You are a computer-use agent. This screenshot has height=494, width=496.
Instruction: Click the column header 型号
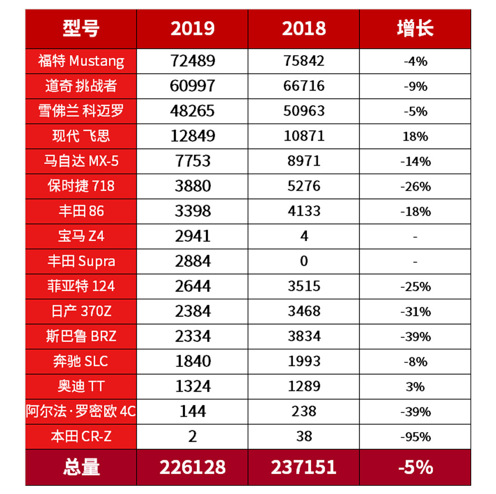click(81, 29)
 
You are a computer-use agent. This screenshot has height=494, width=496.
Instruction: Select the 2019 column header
click(192, 29)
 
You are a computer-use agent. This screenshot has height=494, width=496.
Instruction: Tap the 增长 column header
click(415, 29)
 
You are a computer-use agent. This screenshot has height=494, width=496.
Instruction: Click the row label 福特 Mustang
click(81, 61)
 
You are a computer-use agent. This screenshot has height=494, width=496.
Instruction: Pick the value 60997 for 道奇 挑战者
click(192, 86)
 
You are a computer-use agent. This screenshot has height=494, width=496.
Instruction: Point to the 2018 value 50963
click(304, 111)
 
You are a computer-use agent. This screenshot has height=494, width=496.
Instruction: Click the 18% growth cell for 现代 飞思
click(415, 136)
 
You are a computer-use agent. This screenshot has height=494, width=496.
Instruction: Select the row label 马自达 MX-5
click(81, 161)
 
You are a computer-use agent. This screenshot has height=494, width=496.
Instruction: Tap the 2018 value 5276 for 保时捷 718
click(304, 186)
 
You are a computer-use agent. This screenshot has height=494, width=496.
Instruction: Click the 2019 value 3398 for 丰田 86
click(192, 211)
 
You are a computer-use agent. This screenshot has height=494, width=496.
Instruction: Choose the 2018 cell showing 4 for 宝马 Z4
click(304, 236)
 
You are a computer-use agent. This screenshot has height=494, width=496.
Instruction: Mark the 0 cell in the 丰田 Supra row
click(304, 261)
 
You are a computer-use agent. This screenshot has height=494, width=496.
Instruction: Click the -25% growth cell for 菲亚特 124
click(415, 287)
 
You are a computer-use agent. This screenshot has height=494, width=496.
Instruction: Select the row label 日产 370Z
click(81, 311)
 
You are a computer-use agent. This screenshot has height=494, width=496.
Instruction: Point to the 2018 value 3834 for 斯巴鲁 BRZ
click(304, 337)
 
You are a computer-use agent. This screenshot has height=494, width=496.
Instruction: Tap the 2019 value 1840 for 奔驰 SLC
click(192, 361)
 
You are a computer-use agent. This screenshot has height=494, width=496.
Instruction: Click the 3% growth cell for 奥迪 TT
click(415, 387)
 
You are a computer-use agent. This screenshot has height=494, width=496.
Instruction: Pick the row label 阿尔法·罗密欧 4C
click(81, 411)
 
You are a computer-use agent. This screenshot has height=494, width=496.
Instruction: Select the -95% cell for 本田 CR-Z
click(415, 437)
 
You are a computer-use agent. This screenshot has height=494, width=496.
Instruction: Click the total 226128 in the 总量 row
click(192, 467)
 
